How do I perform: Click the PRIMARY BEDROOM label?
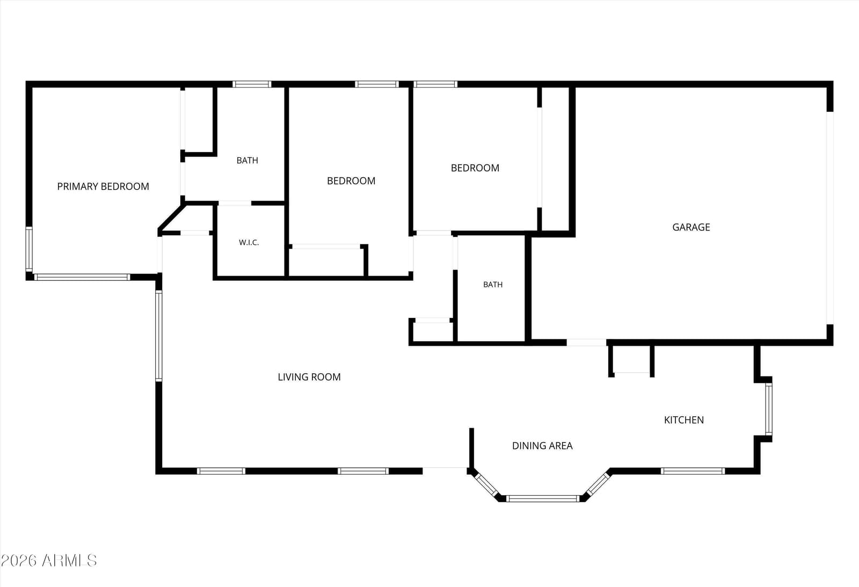point(103,186)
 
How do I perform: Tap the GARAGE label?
point(691,227)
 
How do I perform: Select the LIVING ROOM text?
point(309,377)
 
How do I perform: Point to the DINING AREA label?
point(542,445)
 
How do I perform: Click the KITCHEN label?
point(684,420)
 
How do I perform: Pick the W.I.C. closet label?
point(249,242)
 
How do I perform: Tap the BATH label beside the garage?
point(493,284)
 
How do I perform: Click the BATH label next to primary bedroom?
point(247,161)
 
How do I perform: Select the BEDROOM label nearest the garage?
point(475,168)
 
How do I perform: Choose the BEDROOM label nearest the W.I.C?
point(351,180)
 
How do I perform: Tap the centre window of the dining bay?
point(542,498)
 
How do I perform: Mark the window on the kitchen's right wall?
point(768,409)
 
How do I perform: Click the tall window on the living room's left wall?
point(158,336)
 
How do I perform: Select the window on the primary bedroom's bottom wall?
point(82,277)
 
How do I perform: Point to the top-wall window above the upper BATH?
point(252,84)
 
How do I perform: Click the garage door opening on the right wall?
point(830,218)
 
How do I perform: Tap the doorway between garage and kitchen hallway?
point(586,342)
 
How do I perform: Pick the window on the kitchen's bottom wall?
point(693,471)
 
